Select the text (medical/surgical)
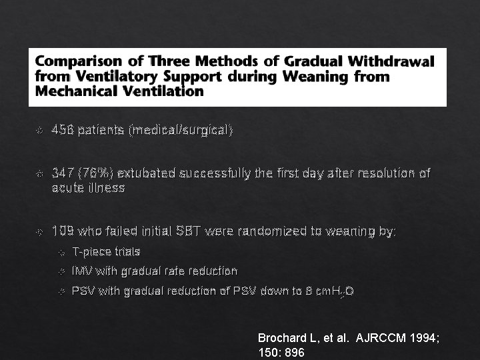(x=181, y=130)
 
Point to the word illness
(x=106, y=188)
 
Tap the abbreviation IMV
(x=83, y=271)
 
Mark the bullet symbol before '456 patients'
(x=39, y=131)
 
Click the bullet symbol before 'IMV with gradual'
(x=62, y=272)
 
